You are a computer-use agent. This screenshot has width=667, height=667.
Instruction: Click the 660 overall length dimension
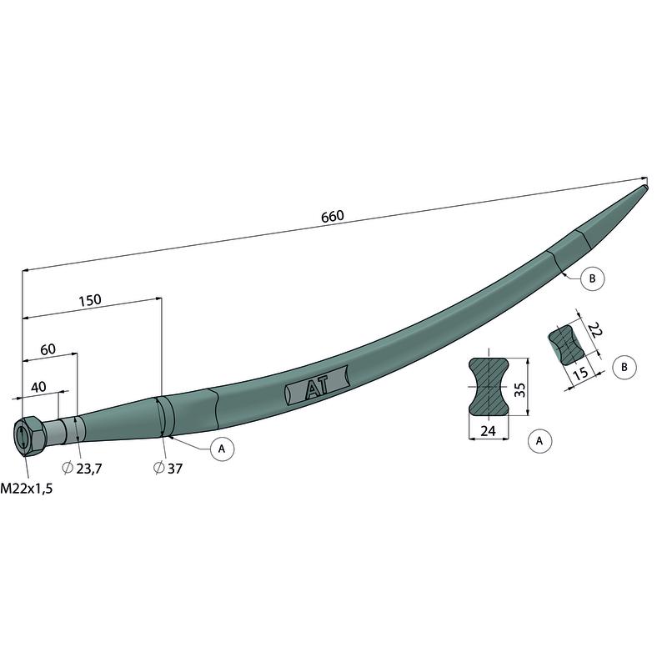pyautogui.click(x=332, y=217)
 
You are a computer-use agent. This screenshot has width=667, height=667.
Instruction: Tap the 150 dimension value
pyautogui.click(x=90, y=300)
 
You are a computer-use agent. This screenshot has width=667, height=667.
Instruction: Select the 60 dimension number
pyautogui.click(x=48, y=349)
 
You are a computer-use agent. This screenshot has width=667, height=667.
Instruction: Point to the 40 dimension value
pyautogui.click(x=38, y=387)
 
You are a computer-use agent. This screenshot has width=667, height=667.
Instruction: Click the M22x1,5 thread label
pyautogui.click(x=27, y=489)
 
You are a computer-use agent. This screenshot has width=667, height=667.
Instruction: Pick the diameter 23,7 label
pyautogui.click(x=82, y=469)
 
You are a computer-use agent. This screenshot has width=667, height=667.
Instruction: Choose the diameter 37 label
pyautogui.click(x=168, y=469)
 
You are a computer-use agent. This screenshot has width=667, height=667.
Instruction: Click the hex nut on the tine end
pyautogui.click(x=30, y=436)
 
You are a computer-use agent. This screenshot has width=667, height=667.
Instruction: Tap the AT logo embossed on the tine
pyautogui.click(x=317, y=386)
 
